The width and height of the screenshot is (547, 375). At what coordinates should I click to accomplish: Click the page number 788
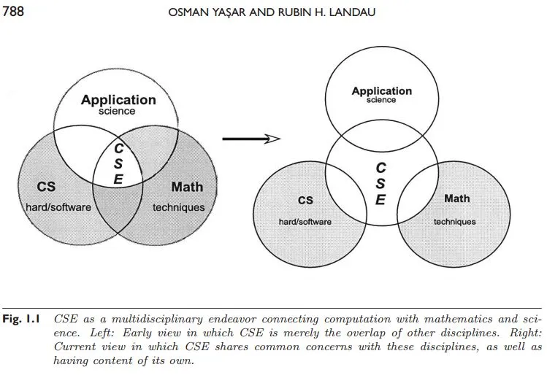coord(13,11)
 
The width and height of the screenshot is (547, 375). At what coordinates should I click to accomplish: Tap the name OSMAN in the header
coord(183,12)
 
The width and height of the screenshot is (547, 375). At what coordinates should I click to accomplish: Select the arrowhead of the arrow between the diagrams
coord(272,139)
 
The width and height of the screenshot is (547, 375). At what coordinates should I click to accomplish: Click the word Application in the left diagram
coord(118,100)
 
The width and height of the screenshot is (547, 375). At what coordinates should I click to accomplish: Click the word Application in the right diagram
coord(382,91)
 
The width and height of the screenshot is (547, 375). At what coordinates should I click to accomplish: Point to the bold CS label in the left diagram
coord(46,187)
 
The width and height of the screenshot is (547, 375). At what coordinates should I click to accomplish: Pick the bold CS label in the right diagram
coord(305,200)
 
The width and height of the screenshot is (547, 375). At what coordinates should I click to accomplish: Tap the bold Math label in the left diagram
coord(187,187)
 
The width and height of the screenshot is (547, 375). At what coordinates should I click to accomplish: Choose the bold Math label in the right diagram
coord(456,198)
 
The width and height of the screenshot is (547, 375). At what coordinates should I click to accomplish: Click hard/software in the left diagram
coord(58,207)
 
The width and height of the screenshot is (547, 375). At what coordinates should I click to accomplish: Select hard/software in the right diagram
coord(305,222)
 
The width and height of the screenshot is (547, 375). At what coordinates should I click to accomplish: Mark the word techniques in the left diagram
coord(179,208)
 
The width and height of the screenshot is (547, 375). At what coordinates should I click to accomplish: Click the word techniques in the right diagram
coord(454,222)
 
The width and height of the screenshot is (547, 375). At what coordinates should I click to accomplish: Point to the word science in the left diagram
coord(117,111)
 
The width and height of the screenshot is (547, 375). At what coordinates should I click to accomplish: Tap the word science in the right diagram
coord(381,100)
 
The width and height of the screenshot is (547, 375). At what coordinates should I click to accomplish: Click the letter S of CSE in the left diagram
coord(118,163)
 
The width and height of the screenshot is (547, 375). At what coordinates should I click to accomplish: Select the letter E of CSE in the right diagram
coord(380,200)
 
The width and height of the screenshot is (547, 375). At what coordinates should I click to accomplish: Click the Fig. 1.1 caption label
coord(21,319)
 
